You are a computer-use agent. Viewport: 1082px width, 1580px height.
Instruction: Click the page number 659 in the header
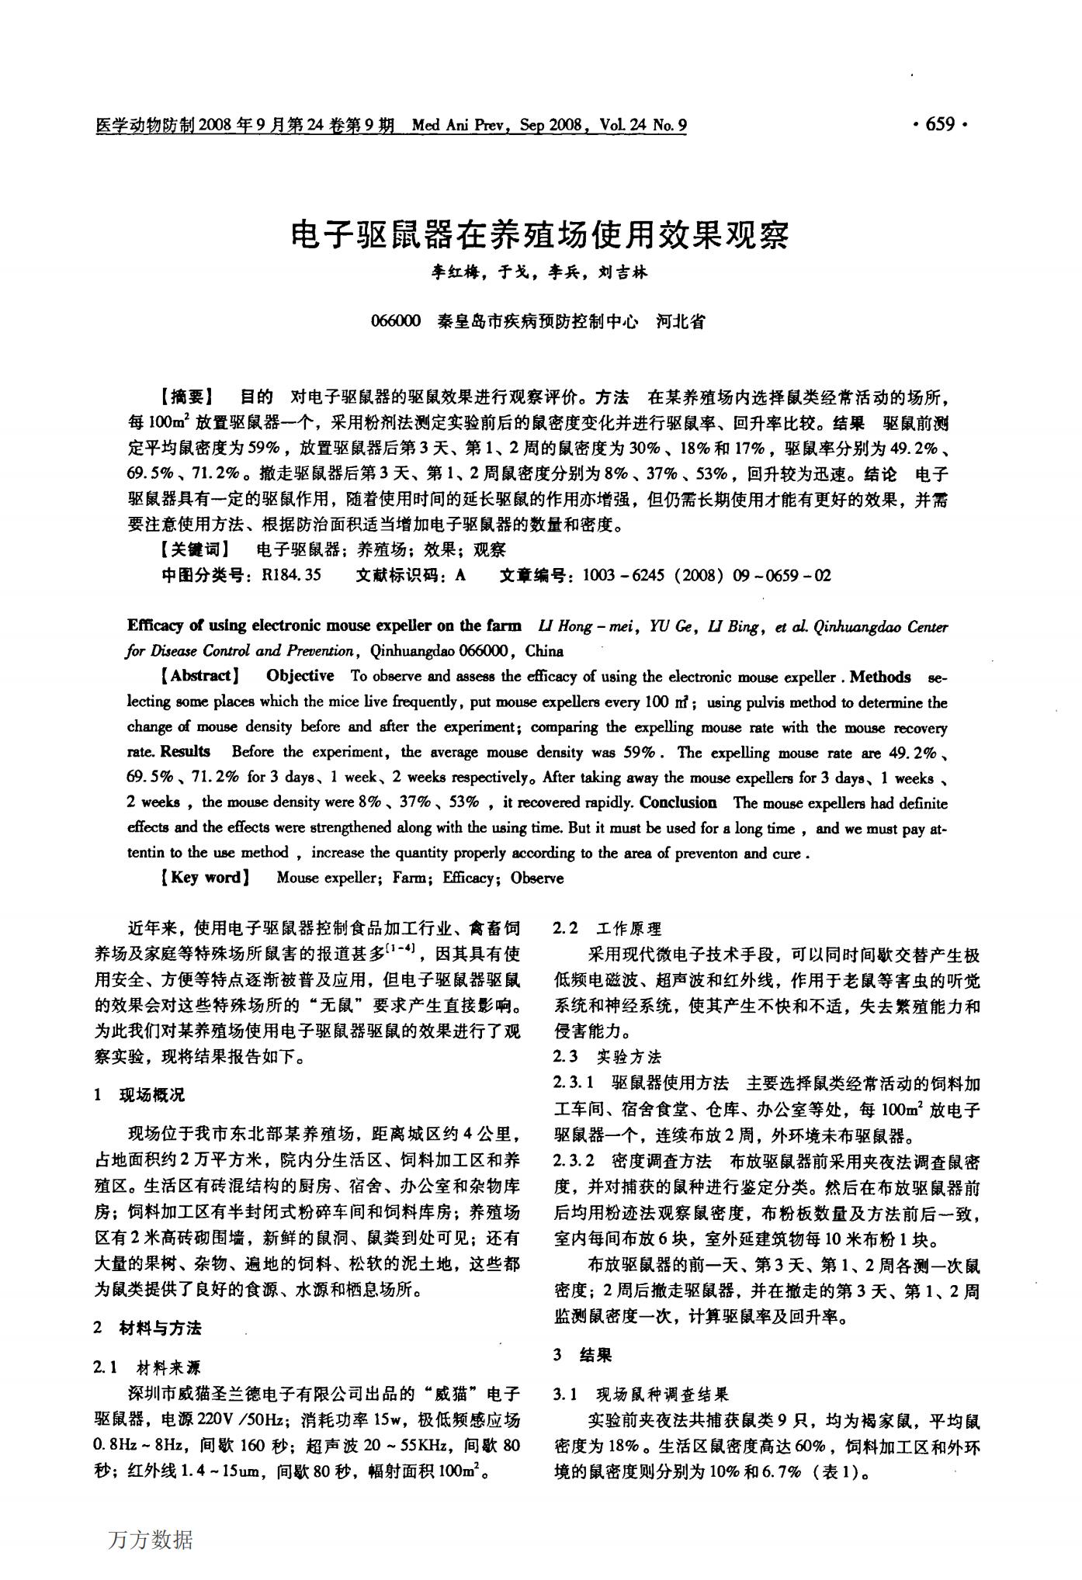tap(940, 125)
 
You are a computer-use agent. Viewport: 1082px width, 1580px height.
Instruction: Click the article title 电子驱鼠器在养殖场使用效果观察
tap(540, 234)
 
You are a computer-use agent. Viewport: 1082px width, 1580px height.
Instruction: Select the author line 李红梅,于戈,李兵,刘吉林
tap(539, 272)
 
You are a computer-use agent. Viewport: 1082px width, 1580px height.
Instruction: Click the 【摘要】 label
tap(186, 398)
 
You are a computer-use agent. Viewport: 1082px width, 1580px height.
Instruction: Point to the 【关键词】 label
tap(194, 550)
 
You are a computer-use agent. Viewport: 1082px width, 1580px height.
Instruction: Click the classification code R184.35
tap(292, 576)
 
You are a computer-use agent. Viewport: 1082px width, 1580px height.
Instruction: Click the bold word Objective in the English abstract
tap(300, 676)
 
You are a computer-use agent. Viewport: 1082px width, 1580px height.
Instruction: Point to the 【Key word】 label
tap(205, 878)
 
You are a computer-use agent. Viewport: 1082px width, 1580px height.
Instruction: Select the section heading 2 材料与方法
tap(147, 1328)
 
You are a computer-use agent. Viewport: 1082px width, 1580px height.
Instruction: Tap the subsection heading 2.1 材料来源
tap(147, 1367)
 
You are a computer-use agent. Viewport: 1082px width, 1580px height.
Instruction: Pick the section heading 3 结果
tap(583, 1355)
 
